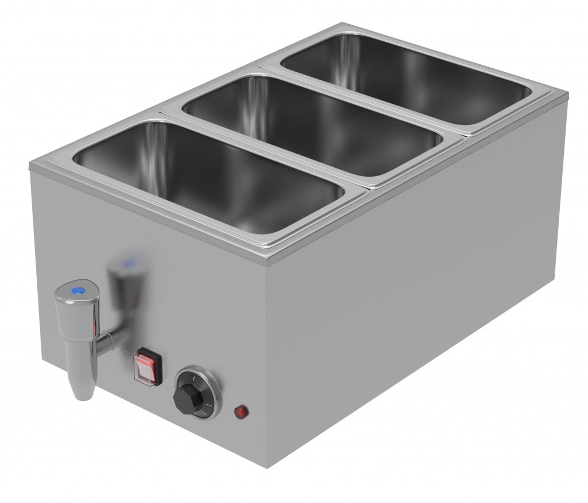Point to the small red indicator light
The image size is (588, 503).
click(241, 411)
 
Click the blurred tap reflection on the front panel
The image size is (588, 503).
click(129, 293)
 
